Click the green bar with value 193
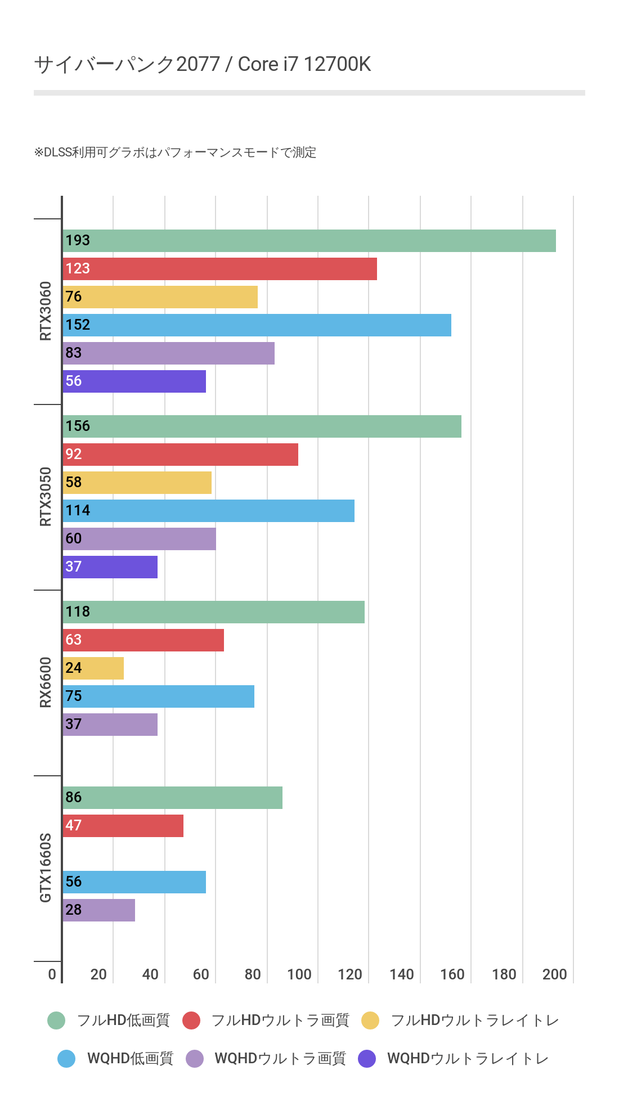[x=309, y=241]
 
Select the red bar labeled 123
[x=219, y=269]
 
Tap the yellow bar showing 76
[x=160, y=297]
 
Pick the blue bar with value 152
[x=257, y=325]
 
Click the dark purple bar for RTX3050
[x=110, y=567]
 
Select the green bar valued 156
[x=262, y=426]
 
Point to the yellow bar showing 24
[x=93, y=668]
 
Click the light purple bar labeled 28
[x=99, y=910]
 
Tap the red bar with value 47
[x=123, y=826]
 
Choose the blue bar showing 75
[x=158, y=696]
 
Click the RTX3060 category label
[x=46, y=311]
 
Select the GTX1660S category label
[x=46, y=867]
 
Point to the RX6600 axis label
[x=46, y=682]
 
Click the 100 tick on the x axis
[x=299, y=974]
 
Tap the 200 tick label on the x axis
[x=555, y=974]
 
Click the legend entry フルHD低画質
[x=123, y=1020]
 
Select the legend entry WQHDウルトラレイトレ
[x=468, y=1059]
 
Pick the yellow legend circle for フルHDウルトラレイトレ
[x=370, y=1020]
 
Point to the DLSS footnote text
[x=175, y=152]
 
